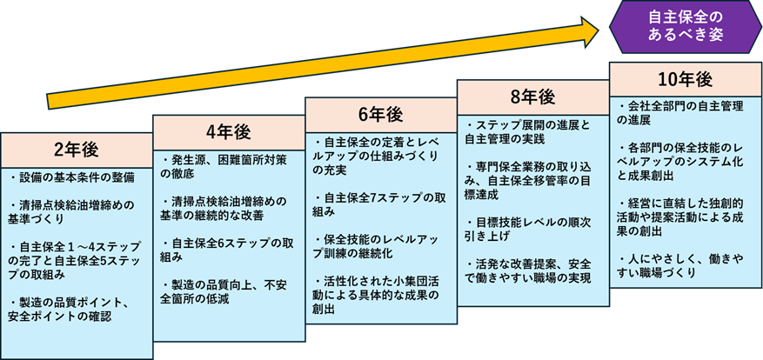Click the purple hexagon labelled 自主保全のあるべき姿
coord(686,27)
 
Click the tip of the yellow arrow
coord(598,29)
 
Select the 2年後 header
coord(77,145)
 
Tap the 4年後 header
coord(228,131)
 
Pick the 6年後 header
coord(380,114)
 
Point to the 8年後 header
coord(532,96)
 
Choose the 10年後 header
coord(685,79)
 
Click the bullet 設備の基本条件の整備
coord(72,177)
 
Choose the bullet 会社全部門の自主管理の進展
coord(679,114)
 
